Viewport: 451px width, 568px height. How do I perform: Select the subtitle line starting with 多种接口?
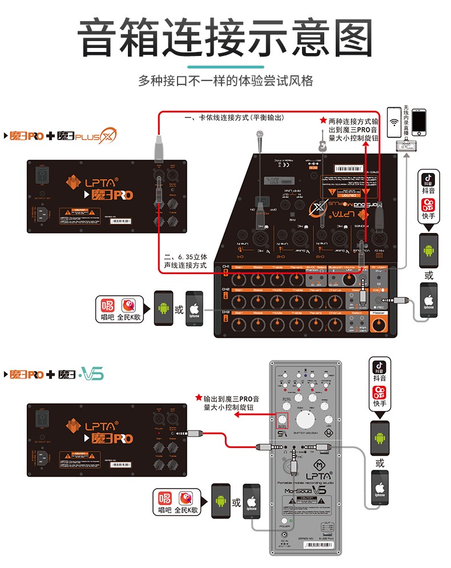tap(226, 80)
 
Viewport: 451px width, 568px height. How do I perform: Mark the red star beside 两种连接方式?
tap(323, 121)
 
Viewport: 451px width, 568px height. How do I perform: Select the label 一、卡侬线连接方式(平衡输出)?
tap(234, 118)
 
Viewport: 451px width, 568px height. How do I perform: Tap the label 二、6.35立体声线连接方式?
tap(185, 261)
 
